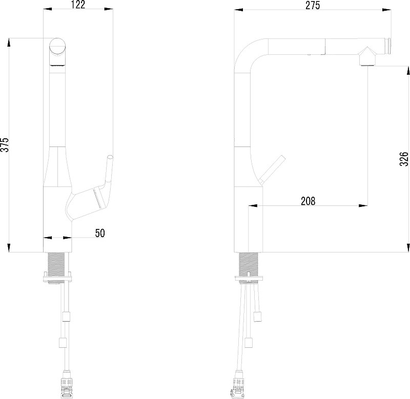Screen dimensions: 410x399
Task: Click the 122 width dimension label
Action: click(78, 5)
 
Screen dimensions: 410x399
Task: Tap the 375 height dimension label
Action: click(5, 144)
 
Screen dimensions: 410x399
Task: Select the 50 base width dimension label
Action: click(100, 233)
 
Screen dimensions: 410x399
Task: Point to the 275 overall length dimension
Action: click(313, 5)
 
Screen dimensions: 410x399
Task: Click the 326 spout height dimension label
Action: click(404, 159)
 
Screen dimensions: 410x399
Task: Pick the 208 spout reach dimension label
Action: click(309, 201)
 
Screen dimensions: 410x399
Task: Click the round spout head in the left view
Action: click(58, 47)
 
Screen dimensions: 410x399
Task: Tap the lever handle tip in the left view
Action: click(110, 158)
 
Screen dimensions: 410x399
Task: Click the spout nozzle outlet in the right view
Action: click(367, 62)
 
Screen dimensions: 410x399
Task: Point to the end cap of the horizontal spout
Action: click(389, 46)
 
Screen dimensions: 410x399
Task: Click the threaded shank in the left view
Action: click(56, 264)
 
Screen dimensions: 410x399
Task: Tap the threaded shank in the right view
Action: click(249, 264)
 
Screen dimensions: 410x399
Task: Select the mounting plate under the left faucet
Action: click(57, 278)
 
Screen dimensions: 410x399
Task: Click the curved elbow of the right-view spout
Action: click(246, 51)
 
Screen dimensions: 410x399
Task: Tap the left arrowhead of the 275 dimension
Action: click(238, 10)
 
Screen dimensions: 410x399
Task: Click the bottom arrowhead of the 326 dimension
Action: click(407, 248)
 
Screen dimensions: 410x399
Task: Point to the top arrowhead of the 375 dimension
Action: click(9, 43)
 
